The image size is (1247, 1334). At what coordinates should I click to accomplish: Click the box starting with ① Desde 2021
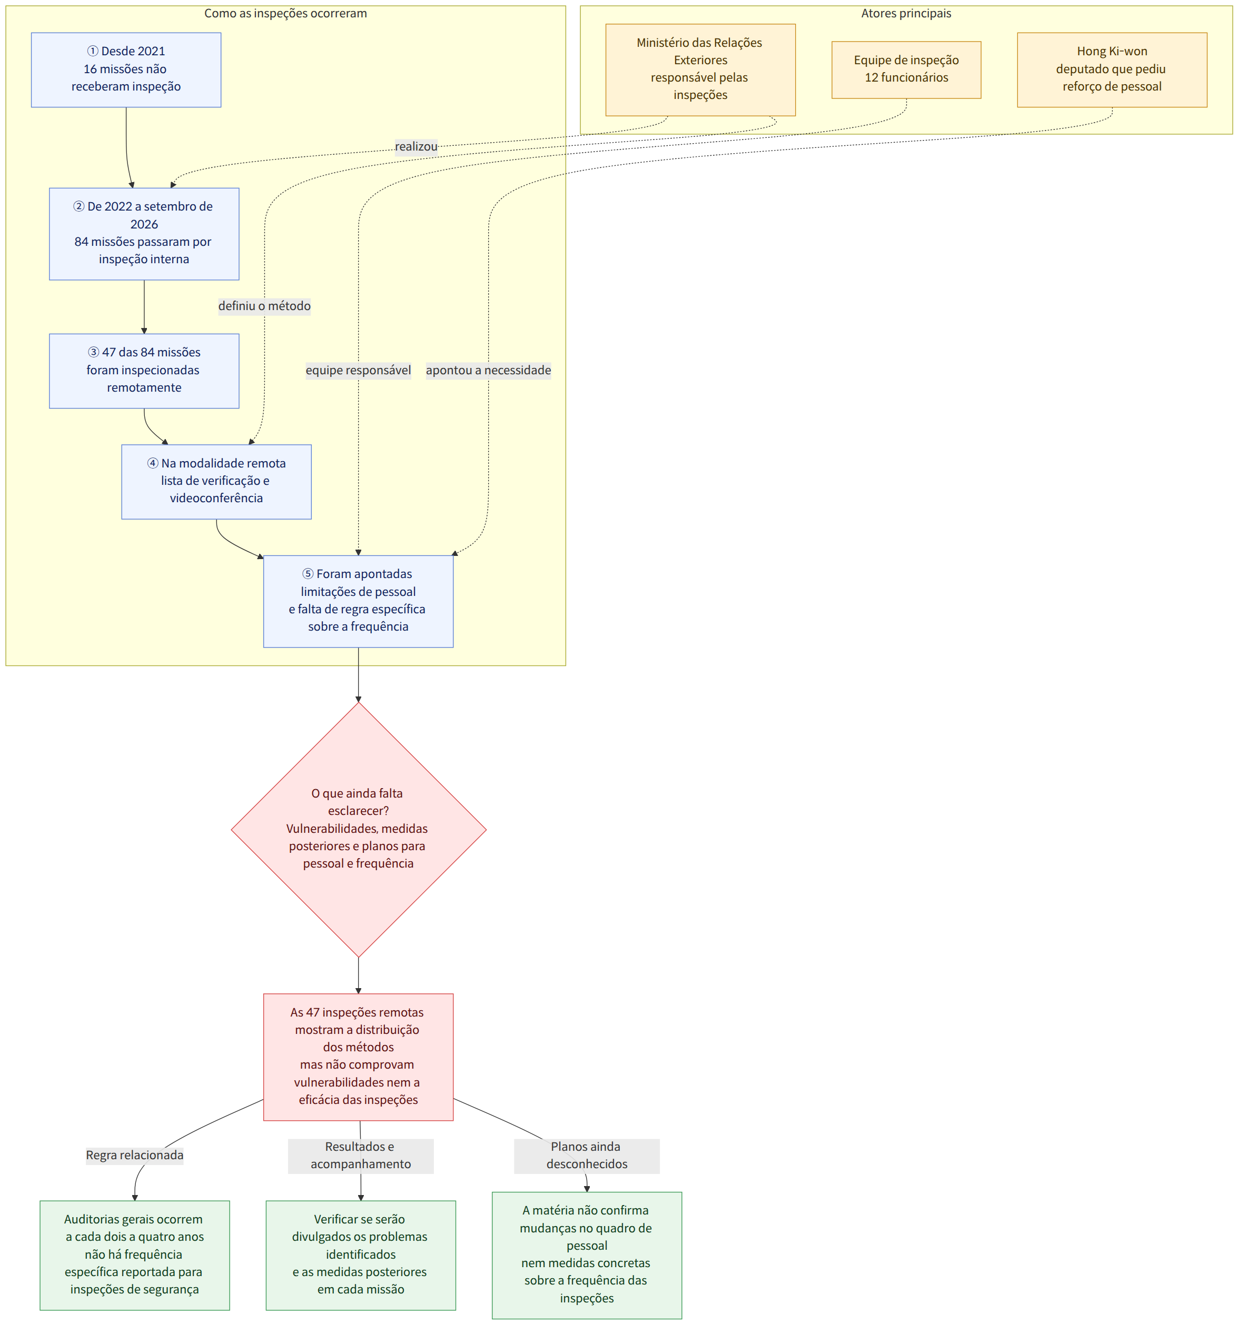[x=126, y=70]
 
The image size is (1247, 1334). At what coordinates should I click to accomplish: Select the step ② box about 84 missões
[x=144, y=234]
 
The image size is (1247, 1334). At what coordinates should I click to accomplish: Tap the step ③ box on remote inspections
[x=144, y=371]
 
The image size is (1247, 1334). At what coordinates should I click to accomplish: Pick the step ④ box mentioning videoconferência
[x=216, y=481]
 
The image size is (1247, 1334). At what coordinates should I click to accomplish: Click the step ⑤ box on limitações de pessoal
[x=359, y=601]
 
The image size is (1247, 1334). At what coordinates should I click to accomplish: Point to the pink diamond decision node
[x=359, y=829]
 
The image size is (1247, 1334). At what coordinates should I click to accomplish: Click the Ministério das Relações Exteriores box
[x=701, y=70]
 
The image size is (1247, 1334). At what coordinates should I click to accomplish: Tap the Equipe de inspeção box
[x=906, y=70]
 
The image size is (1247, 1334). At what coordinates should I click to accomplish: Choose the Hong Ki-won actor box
[x=1112, y=70]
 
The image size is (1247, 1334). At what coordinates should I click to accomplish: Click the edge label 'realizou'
[x=416, y=146]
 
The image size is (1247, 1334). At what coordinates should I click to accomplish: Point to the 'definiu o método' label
[x=264, y=306]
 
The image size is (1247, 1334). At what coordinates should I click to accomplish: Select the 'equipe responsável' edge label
[x=359, y=371]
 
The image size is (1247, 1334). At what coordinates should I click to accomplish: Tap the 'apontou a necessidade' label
[x=489, y=371]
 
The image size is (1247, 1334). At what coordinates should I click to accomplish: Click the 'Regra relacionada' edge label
[x=135, y=1155]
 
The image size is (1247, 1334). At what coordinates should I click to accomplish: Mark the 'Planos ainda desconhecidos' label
[x=587, y=1156]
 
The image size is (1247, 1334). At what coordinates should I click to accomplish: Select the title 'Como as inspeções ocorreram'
[x=285, y=13]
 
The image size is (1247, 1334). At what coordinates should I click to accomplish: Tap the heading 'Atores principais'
[x=906, y=13]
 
